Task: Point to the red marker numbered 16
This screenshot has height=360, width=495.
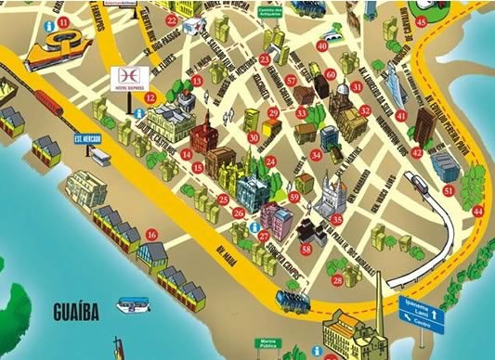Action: (x=152, y=236)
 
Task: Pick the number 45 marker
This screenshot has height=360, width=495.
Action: (x=422, y=20)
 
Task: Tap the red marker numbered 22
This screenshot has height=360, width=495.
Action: (x=170, y=19)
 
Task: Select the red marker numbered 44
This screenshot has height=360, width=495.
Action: (x=478, y=212)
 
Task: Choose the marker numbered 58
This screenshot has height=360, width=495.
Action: (x=306, y=249)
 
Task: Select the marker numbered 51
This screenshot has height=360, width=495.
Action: (x=449, y=191)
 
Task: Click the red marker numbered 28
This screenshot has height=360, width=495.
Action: (x=337, y=278)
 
